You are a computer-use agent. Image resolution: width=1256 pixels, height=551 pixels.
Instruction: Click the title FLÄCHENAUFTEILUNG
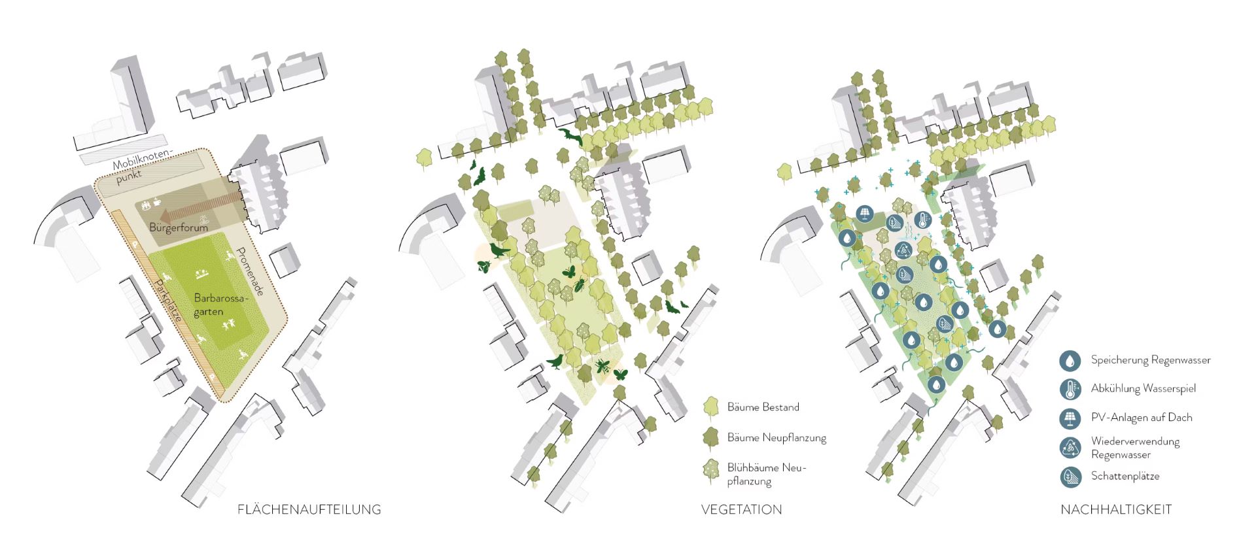click(x=309, y=509)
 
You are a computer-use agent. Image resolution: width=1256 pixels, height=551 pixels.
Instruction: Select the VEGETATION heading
click(x=741, y=509)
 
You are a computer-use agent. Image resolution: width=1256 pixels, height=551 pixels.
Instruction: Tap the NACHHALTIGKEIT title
click(x=1115, y=509)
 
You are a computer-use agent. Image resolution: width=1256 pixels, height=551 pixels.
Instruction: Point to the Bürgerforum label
click(x=178, y=227)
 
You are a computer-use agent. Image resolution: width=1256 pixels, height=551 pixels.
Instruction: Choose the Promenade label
click(x=250, y=271)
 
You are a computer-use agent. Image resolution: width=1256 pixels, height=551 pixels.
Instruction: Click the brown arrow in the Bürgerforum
click(x=196, y=209)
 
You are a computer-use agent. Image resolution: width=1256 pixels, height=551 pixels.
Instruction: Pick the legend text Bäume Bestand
click(x=763, y=407)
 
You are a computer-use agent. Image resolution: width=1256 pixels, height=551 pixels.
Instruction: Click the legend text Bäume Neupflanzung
click(x=776, y=437)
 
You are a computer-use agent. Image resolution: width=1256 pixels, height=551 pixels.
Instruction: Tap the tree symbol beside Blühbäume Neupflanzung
click(x=710, y=471)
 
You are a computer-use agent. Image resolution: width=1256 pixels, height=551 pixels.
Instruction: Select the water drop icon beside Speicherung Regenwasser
click(x=1070, y=360)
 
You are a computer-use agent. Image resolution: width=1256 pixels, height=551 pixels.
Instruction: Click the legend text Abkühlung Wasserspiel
click(x=1143, y=388)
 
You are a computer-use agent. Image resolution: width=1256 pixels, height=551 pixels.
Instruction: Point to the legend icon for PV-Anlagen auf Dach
click(x=1070, y=418)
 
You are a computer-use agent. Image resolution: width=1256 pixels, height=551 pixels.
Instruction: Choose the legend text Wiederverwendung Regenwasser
click(x=1135, y=448)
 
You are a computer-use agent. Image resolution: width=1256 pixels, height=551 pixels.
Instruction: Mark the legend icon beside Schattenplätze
click(x=1070, y=476)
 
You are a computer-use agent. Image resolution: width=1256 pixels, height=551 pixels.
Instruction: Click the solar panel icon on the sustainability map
click(x=865, y=213)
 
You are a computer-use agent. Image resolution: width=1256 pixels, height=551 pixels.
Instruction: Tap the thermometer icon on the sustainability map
click(x=922, y=220)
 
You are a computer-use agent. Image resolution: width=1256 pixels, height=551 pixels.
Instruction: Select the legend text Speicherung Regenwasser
click(x=1150, y=360)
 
